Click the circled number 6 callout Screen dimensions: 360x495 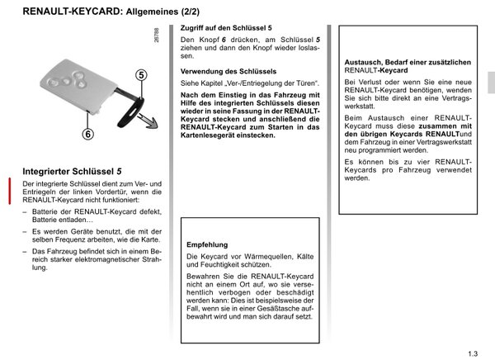point(64,132)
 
